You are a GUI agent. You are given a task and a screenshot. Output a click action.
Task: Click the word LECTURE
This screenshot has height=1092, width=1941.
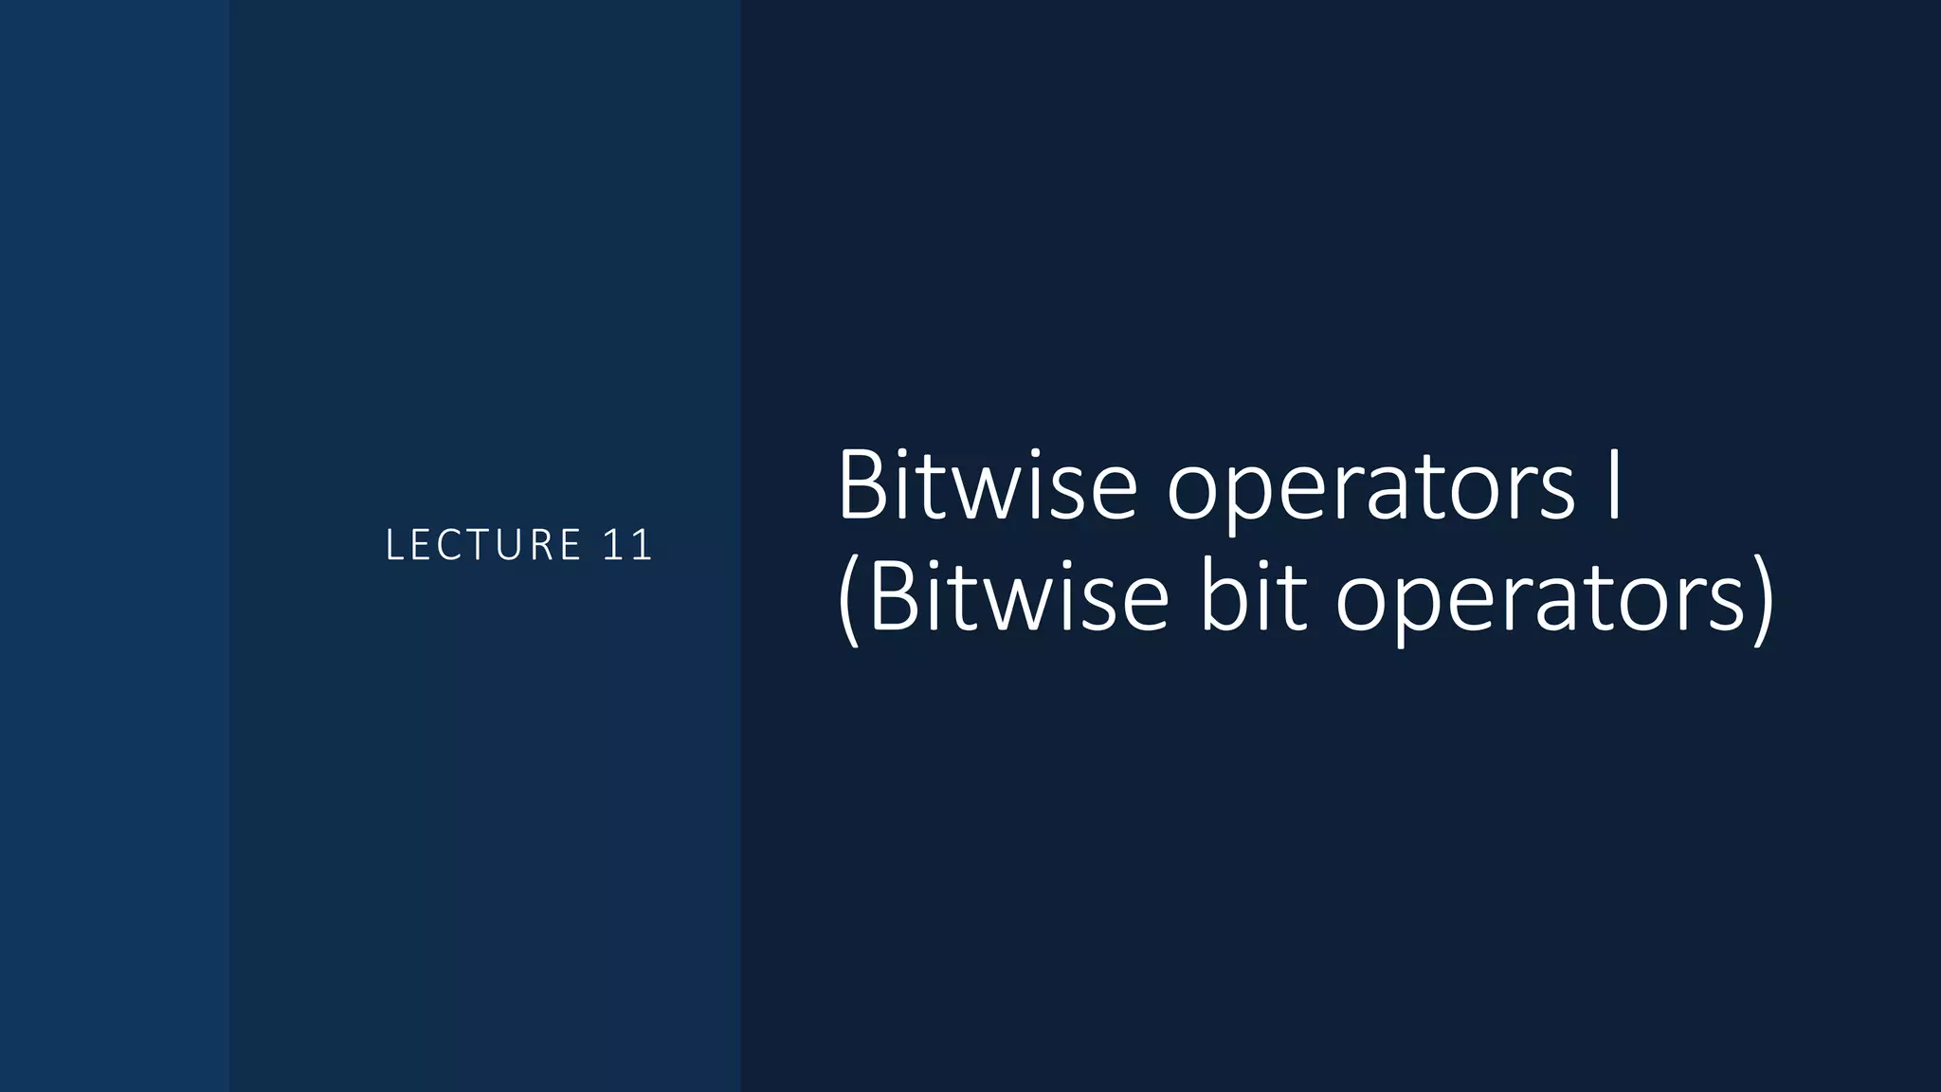point(483,545)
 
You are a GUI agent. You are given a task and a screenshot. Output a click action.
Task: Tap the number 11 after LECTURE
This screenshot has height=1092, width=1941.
point(626,545)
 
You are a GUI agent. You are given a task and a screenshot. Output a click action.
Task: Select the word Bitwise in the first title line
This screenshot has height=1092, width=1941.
point(987,486)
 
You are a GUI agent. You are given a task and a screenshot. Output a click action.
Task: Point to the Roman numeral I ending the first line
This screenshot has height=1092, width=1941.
point(1613,486)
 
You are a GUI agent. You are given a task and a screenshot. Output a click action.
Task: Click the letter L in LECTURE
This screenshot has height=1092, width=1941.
point(394,545)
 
